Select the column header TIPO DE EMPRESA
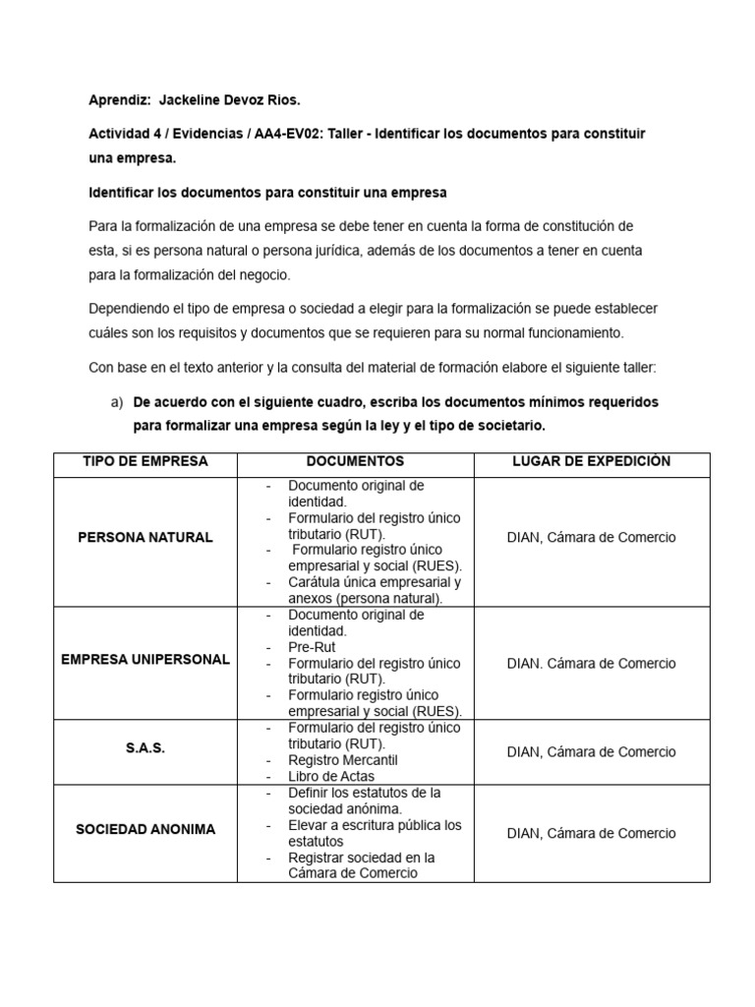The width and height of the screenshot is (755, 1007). point(145,461)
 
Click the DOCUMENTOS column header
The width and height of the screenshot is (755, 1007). point(355,461)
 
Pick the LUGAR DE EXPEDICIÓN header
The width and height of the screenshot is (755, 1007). point(591,461)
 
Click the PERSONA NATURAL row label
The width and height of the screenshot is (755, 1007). point(145,538)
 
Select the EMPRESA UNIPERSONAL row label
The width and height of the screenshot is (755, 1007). point(145,659)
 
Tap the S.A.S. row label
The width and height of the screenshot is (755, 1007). point(145,748)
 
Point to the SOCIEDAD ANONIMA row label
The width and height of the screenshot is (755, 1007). point(145,829)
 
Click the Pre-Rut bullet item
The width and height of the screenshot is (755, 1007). point(312,647)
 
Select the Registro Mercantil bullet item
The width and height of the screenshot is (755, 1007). point(342,760)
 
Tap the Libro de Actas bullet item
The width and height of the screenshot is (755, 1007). point(332,776)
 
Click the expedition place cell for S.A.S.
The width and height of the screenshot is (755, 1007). point(591,752)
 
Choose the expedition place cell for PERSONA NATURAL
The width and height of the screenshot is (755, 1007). point(591,538)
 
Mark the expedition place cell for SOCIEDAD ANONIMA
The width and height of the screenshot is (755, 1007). point(591,833)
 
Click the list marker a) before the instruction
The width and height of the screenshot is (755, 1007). point(115,402)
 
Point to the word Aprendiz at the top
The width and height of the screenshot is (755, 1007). point(118,100)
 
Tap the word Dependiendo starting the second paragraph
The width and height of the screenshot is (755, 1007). point(132,307)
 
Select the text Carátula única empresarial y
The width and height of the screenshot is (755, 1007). point(375,581)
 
